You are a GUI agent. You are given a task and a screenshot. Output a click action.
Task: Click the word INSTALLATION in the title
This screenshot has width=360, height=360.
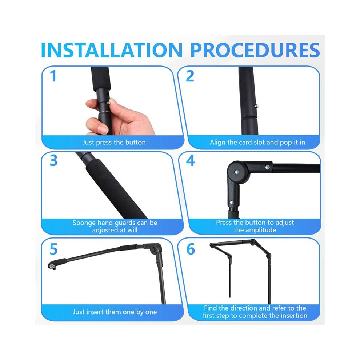[x=112, y=50]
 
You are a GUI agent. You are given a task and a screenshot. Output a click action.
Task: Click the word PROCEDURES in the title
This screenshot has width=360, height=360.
[x=255, y=50]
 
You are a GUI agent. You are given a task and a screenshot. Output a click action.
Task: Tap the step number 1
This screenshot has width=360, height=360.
[x=53, y=76]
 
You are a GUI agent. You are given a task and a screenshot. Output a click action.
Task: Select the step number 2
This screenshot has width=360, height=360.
[x=190, y=76]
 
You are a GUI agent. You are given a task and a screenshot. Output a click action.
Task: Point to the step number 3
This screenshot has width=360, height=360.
[x=53, y=161]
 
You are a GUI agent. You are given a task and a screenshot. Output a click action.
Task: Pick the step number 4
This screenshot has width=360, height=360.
[x=191, y=161]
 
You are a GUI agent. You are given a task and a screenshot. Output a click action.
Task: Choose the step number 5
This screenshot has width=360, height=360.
[x=53, y=249]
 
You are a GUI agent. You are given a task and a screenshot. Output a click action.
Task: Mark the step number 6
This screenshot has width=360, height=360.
[x=191, y=249]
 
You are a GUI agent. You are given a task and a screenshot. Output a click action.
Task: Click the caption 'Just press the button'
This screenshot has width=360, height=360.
[x=114, y=142]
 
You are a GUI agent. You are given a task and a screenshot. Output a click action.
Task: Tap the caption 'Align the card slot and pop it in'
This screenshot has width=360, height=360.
[x=257, y=142]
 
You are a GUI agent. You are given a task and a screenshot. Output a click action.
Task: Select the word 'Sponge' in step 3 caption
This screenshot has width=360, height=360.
[x=84, y=223]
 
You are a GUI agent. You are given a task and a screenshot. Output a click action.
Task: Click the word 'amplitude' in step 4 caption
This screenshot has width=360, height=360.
[x=262, y=230]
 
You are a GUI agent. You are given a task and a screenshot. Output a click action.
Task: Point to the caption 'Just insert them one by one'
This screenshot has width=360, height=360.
[x=115, y=312]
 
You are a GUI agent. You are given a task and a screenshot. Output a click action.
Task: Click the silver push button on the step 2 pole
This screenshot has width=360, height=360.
[x=257, y=106]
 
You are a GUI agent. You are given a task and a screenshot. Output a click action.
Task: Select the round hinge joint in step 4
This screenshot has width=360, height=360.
[x=236, y=172]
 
